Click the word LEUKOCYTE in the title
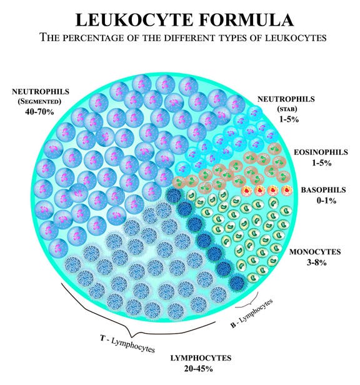click(134, 19)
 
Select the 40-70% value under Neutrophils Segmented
click(39, 112)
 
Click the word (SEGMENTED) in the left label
click(39, 101)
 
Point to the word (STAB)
click(287, 109)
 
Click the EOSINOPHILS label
click(321, 152)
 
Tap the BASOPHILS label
click(323, 190)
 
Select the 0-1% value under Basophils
click(326, 201)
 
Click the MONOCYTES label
click(315, 252)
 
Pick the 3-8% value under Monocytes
click(316, 262)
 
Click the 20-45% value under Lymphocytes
click(198, 369)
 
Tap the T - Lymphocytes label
click(127, 344)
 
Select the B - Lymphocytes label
click(252, 313)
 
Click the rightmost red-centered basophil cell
click(287, 190)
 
